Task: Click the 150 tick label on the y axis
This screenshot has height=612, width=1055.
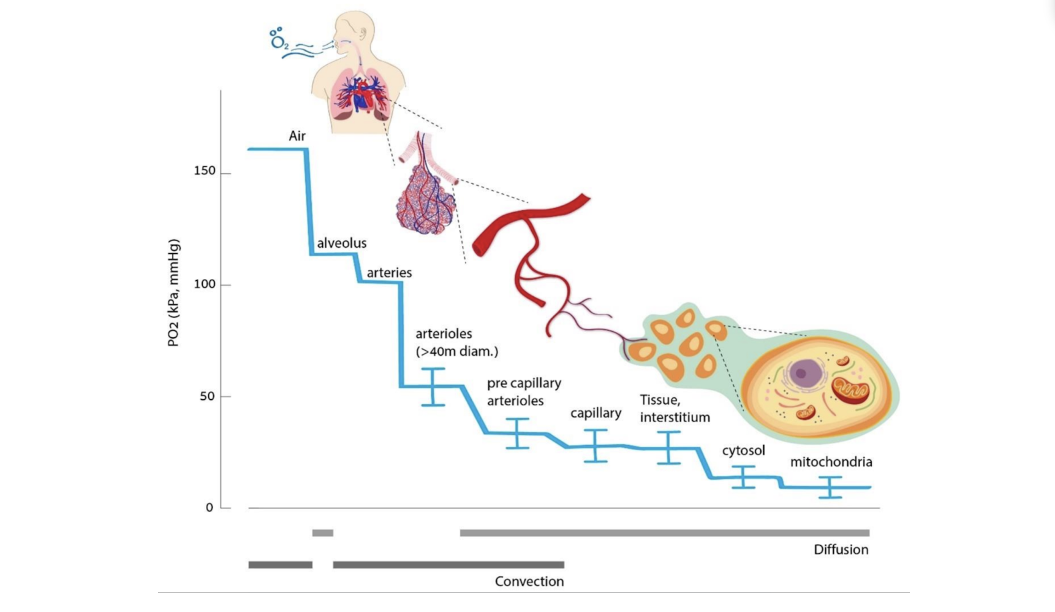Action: click(205, 171)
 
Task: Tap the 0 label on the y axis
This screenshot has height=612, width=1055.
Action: click(210, 508)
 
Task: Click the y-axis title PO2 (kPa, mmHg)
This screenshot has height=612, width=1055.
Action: click(173, 293)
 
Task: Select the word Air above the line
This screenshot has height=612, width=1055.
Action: click(297, 136)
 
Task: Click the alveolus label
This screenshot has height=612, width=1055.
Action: click(342, 243)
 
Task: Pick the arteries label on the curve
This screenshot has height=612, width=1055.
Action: click(389, 272)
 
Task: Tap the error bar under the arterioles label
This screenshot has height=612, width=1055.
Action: click(433, 387)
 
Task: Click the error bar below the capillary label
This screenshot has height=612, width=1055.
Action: click(596, 446)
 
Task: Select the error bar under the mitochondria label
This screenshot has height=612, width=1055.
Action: click(830, 487)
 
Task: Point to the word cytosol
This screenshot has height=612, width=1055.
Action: click(743, 451)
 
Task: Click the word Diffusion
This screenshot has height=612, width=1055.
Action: click(841, 549)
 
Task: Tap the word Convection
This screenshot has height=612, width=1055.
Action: click(529, 581)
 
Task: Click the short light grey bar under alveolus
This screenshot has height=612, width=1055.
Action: click(323, 533)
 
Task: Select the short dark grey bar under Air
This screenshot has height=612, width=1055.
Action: click(280, 565)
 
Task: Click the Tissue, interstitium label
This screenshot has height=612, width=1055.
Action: click(675, 408)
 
